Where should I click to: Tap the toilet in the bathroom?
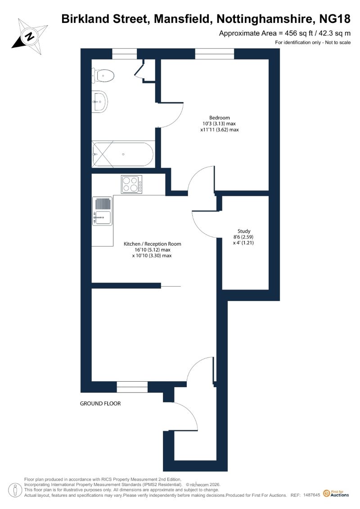point(103,76)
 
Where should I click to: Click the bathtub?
point(123,154)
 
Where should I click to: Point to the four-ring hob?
point(132,185)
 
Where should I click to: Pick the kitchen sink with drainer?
point(102,211)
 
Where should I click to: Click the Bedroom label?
point(220,118)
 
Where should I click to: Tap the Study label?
point(244,231)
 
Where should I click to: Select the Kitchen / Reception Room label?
point(152,244)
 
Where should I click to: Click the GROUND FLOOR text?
point(100,404)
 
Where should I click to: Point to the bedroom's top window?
point(214,54)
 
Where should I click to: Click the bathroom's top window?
point(124,54)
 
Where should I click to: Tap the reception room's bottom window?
point(132,387)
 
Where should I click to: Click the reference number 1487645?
point(312,495)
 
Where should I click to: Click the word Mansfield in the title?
point(182,19)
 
